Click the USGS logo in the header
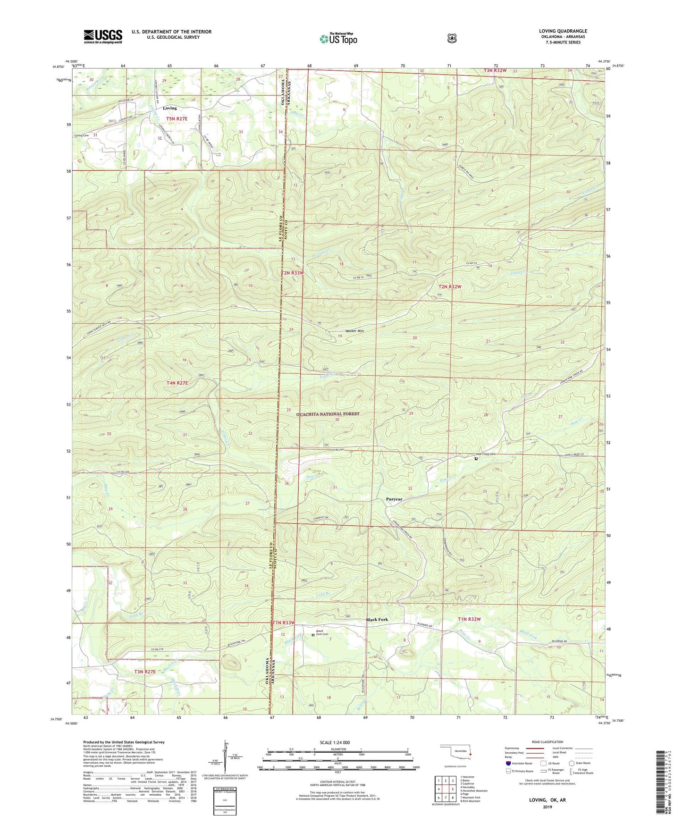coord(103,36)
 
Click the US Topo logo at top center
coord(338,38)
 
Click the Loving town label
coord(169,108)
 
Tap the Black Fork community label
coord(377,620)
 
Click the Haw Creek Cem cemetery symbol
coord(476,458)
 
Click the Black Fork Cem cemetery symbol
coord(312,635)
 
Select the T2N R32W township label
coord(449,286)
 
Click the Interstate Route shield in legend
coord(508,763)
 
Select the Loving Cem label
coord(81,135)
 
